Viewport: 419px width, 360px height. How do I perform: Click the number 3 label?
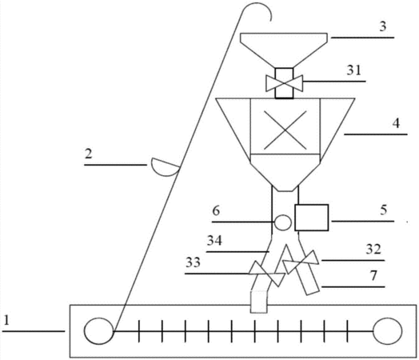coord(383,26)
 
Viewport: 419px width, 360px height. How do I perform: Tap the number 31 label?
coord(354,70)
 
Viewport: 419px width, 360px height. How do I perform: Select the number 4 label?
coord(396,123)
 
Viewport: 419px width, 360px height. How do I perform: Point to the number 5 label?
coord(384,210)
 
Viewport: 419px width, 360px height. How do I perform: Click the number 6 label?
coord(216,211)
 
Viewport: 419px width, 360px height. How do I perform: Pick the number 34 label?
coord(214,241)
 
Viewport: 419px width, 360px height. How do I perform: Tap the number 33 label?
coord(193,262)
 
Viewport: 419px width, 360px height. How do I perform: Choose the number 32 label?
coord(373,250)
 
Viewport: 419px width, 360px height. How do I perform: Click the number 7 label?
coord(373,275)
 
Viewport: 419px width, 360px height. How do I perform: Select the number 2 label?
coord(89,154)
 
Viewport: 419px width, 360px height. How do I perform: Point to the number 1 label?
coord(6,321)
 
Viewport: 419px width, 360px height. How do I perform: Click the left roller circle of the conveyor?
coord(99,331)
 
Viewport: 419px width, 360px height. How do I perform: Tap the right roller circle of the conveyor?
coord(387,331)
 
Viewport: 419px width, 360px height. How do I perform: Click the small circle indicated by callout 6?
coord(283,222)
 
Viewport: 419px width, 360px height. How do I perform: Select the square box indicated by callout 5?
coord(312,218)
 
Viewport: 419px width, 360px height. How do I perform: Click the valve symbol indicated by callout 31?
coord(285,83)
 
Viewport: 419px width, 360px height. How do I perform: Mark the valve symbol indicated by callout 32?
coord(301,262)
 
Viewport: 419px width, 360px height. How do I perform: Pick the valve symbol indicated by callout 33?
coord(266,274)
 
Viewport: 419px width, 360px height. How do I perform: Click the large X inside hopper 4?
coord(285,130)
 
